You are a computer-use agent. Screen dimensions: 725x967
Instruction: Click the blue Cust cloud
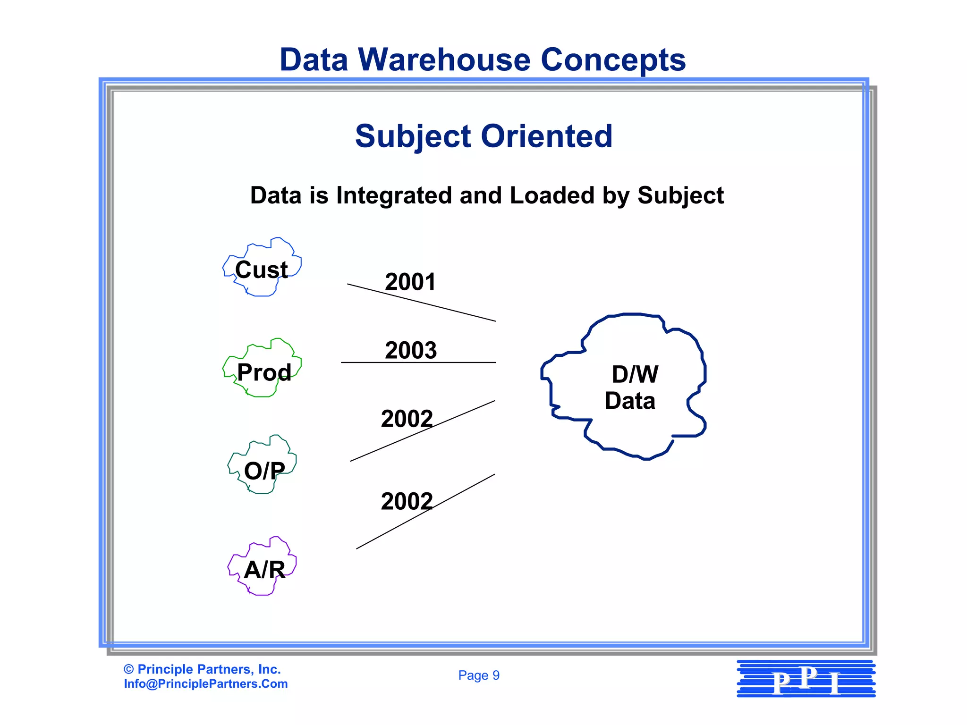pos(262,268)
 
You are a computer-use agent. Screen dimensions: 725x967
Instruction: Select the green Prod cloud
pos(263,369)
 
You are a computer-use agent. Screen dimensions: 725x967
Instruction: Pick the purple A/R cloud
pos(263,567)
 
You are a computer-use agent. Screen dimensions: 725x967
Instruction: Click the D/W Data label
pos(631,388)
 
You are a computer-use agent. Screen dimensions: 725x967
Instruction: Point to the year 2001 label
pos(410,282)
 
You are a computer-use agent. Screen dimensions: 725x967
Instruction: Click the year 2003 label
pos(411,350)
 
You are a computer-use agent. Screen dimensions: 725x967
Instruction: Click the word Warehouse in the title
pos(444,60)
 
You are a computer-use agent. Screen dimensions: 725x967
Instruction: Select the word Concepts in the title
pos(612,60)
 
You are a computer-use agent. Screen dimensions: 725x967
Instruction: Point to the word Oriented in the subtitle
pos(546,136)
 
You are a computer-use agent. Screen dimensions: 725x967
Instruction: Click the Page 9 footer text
pos(479,675)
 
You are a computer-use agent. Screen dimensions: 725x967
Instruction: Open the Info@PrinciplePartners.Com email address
pos(206,684)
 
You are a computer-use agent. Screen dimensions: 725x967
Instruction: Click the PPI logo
pos(806,679)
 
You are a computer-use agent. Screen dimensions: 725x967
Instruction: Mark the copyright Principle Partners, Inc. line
pos(202,669)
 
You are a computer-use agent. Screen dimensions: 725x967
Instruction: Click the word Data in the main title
pos(314,60)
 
